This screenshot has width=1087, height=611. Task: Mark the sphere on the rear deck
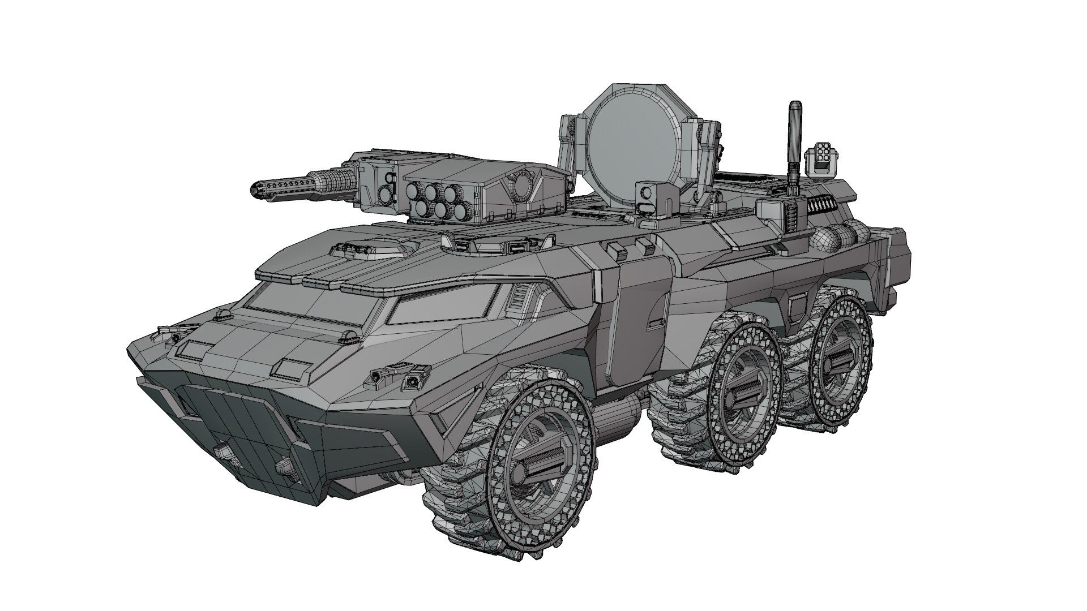[825, 240]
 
